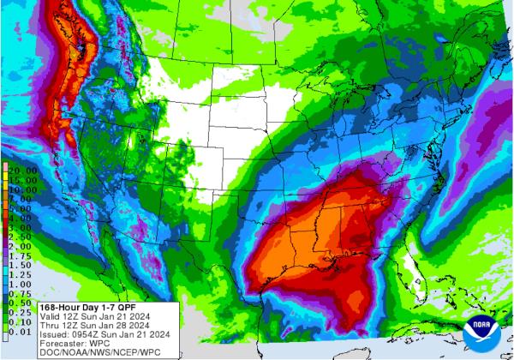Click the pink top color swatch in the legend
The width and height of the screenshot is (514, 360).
pyautogui.click(x=5, y=165)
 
